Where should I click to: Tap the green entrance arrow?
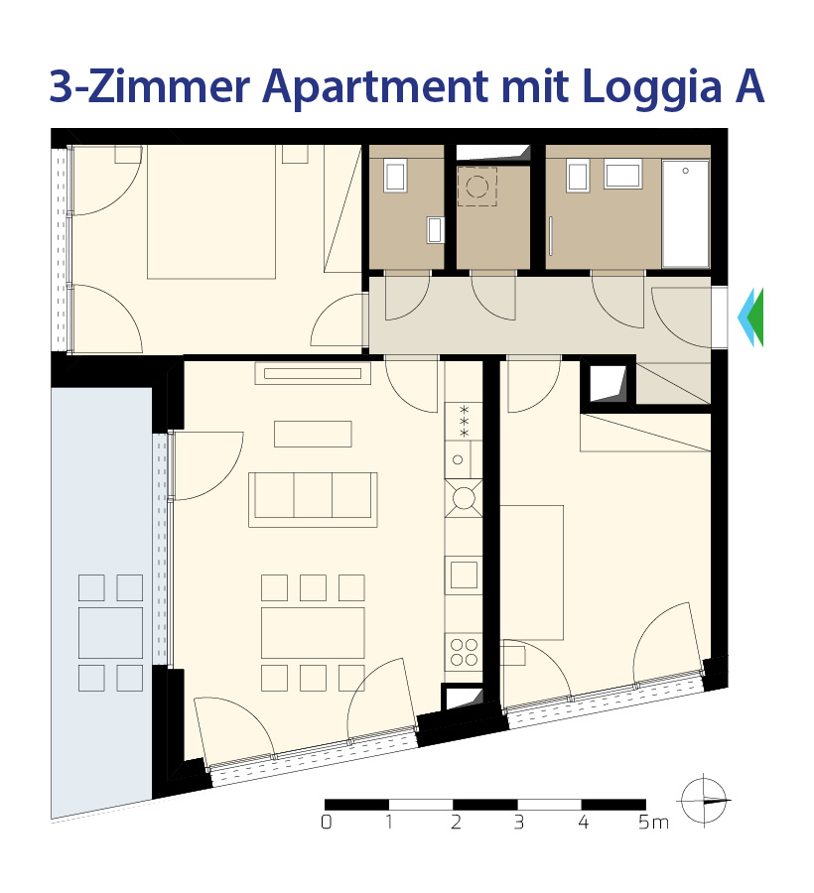click(x=755, y=318)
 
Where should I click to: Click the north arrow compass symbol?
click(x=704, y=800)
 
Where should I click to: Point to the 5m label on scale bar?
click(x=653, y=822)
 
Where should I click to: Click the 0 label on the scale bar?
click(x=326, y=822)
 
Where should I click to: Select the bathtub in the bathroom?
click(x=685, y=213)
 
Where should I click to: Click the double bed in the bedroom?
click(x=211, y=211)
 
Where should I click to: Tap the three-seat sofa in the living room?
click(x=313, y=499)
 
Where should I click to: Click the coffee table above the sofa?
click(x=313, y=434)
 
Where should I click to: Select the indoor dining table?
click(x=313, y=633)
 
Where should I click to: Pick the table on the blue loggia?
click(x=110, y=633)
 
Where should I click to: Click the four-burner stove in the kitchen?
click(x=464, y=652)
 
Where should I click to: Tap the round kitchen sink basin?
click(x=464, y=499)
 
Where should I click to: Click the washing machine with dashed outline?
click(x=477, y=187)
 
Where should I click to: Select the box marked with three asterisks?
click(x=464, y=422)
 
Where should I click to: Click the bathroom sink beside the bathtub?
click(x=623, y=173)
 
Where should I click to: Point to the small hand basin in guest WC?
click(x=435, y=229)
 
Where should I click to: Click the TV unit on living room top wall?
click(x=313, y=374)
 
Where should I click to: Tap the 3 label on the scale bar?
click(x=518, y=822)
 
